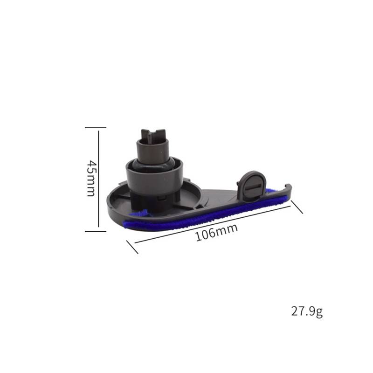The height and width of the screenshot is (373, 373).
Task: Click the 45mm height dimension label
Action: pyautogui.click(x=91, y=178)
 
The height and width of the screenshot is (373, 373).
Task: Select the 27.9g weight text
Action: pyautogui.click(x=307, y=312)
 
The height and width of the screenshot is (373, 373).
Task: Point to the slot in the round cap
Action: pyautogui.click(x=252, y=187)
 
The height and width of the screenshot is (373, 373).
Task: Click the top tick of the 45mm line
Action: pyautogui.click(x=98, y=127)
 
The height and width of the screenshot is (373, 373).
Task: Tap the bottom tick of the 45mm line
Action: pyautogui.click(x=98, y=230)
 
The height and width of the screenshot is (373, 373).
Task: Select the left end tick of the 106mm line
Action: pyautogui.click(x=132, y=247)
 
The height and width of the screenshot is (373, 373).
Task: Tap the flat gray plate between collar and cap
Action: pyautogui.click(x=217, y=196)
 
